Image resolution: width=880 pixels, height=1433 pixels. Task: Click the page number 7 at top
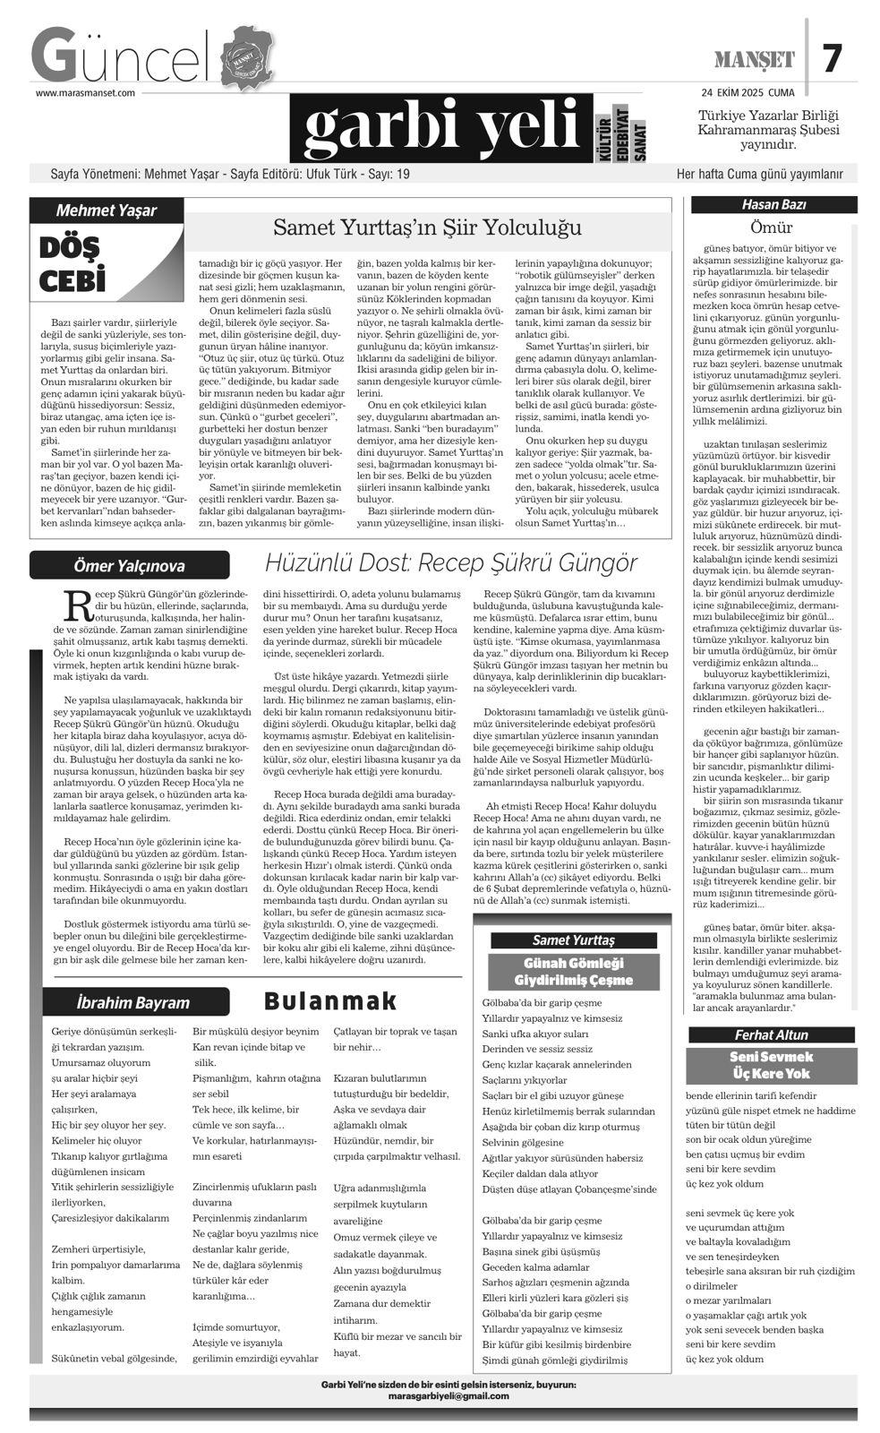click(833, 59)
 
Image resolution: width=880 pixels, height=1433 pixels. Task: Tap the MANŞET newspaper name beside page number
click(755, 60)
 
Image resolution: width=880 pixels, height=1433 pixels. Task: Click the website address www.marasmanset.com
click(85, 92)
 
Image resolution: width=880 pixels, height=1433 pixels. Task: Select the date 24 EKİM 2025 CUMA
click(748, 92)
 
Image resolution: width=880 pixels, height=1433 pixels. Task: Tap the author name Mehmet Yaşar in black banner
click(107, 210)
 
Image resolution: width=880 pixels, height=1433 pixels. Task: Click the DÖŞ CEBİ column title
click(73, 263)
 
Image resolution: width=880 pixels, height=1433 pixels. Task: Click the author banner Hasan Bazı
click(774, 205)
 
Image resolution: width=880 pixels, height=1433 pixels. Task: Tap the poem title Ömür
click(772, 227)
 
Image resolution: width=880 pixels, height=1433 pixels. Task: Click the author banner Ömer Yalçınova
click(129, 565)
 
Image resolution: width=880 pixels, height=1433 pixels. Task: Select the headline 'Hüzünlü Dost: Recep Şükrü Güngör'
click(451, 563)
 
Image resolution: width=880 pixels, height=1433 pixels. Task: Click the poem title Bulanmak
click(330, 1001)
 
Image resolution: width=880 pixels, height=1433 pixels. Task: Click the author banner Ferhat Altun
click(772, 1034)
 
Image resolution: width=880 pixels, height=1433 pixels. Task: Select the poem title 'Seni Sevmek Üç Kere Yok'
click(772, 1065)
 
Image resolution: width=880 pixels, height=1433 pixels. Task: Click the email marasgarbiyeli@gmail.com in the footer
click(449, 1396)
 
